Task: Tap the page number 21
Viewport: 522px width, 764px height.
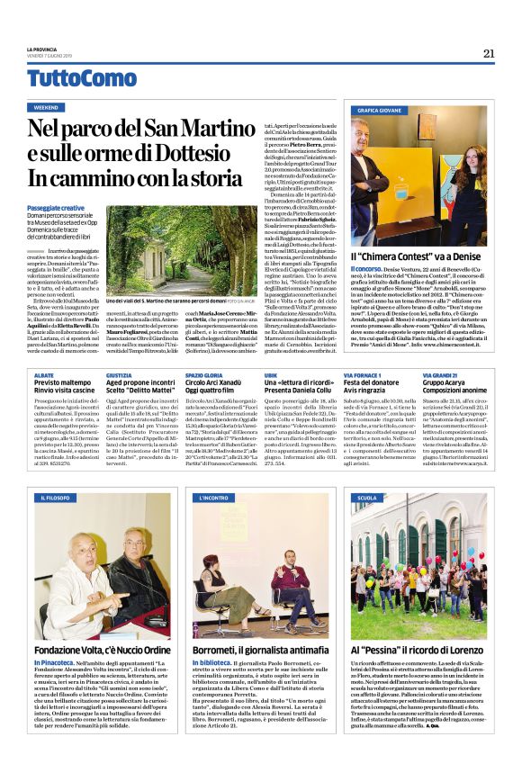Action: [x=488, y=53]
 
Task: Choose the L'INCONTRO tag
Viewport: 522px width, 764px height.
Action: [x=217, y=497]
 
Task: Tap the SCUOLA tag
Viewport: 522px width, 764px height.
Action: [x=367, y=497]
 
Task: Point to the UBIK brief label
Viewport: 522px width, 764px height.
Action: [x=271, y=373]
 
